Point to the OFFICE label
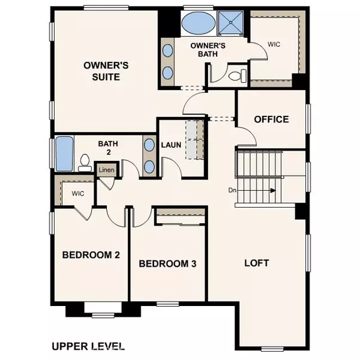(x=271, y=119)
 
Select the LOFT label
(x=256, y=263)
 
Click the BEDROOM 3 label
(x=168, y=263)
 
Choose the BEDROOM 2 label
(x=91, y=255)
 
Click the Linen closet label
(x=106, y=170)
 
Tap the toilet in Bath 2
(x=85, y=162)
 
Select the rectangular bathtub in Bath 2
(x=64, y=154)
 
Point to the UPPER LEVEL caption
(x=88, y=346)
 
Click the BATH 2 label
(x=109, y=148)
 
